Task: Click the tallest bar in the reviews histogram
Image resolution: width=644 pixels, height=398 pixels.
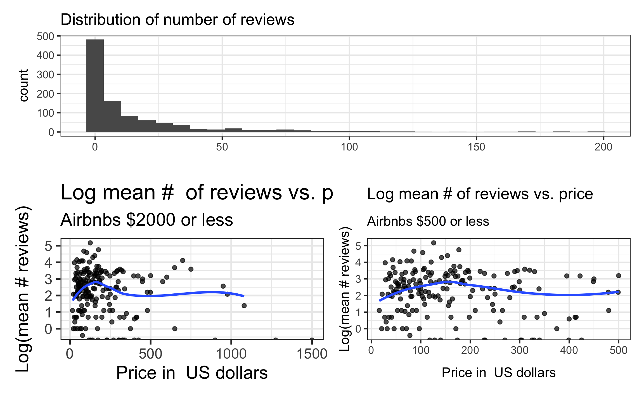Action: [x=95, y=86]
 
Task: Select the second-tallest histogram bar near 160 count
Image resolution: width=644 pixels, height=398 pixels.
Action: [x=112, y=116]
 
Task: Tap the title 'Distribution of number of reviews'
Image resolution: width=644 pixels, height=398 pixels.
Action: [x=177, y=20]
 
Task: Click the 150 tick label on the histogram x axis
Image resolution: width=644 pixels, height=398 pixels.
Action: [x=476, y=147]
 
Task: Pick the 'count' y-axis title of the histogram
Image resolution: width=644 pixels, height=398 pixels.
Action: [x=24, y=85]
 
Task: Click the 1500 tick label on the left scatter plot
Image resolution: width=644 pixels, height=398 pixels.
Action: [x=312, y=354]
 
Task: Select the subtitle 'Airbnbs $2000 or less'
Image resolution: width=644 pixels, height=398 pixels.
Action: [x=146, y=220]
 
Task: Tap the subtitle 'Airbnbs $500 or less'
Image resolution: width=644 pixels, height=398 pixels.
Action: [x=428, y=222]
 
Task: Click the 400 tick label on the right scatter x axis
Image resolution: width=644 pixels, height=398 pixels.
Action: [x=569, y=350]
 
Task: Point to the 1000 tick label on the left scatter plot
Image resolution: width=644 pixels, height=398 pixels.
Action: [x=231, y=354]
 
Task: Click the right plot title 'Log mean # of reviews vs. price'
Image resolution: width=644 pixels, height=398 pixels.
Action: [x=480, y=194]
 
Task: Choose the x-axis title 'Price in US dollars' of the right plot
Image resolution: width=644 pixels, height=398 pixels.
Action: [x=498, y=373]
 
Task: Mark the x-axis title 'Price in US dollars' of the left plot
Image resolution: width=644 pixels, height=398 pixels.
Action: [x=192, y=373]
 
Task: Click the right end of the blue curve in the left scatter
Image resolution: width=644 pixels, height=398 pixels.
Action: [x=244, y=296]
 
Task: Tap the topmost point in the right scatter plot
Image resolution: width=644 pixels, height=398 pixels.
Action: [x=434, y=243]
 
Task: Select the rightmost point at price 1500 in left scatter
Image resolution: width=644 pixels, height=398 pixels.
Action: [x=312, y=340]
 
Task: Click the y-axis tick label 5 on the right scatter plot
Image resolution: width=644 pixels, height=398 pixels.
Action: [x=358, y=246]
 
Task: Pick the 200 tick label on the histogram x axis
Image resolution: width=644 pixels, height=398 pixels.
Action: [x=603, y=147]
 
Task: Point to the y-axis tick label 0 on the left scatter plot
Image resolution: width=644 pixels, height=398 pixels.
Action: [x=48, y=329]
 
